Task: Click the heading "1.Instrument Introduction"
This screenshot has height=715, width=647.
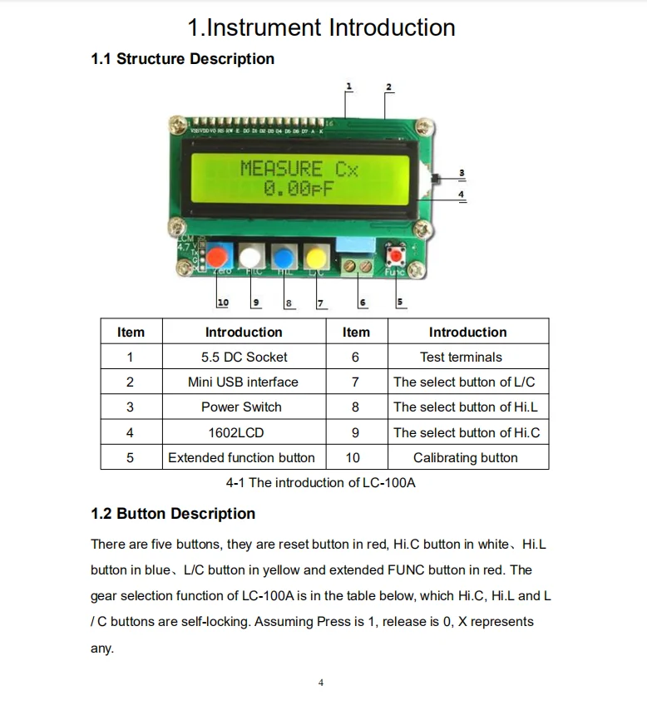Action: click(321, 27)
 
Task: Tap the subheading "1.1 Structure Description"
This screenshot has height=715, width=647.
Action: click(182, 59)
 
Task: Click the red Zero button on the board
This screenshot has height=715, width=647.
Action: click(220, 256)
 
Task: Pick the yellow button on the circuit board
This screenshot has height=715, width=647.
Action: click(316, 256)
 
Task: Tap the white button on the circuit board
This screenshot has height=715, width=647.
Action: click(252, 256)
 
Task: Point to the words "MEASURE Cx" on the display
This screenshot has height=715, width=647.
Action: click(299, 169)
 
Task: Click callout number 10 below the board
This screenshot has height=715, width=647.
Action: click(223, 303)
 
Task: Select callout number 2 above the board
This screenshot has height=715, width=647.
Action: click(388, 88)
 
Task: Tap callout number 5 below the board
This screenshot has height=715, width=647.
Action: click(400, 302)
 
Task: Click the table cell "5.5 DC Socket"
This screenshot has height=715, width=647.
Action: click(244, 357)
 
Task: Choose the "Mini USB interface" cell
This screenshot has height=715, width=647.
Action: click(243, 382)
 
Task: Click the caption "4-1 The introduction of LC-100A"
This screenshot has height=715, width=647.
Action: click(320, 483)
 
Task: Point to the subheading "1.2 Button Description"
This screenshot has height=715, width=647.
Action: click(173, 514)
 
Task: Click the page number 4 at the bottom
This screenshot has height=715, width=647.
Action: click(321, 683)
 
